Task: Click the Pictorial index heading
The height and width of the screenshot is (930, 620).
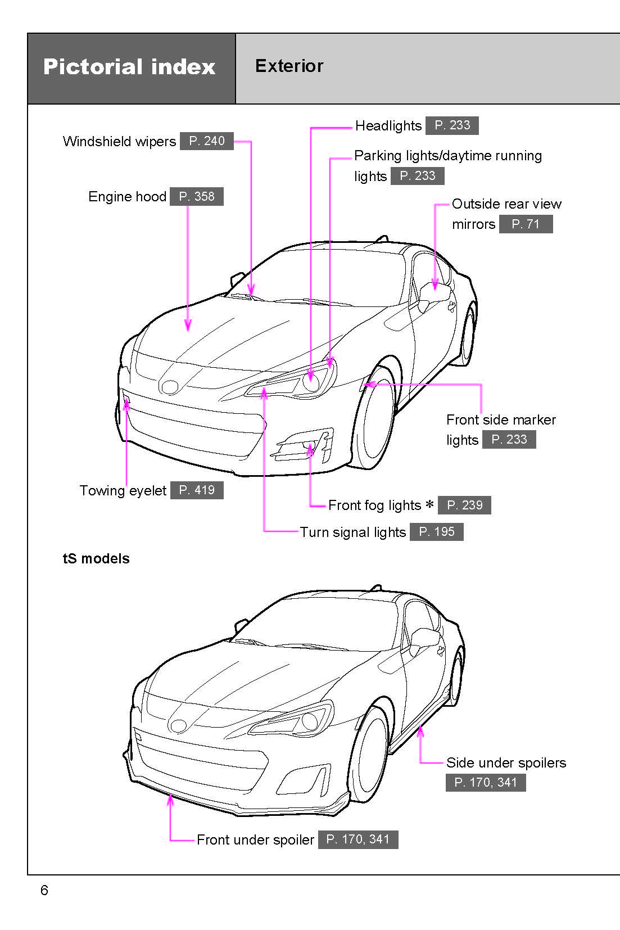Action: (x=129, y=67)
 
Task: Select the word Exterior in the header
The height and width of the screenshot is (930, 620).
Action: (x=289, y=66)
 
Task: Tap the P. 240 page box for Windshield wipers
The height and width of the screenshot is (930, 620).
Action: (x=207, y=141)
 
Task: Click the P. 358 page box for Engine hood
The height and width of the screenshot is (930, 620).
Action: (x=197, y=197)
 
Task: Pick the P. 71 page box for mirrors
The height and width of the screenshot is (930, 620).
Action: (x=526, y=224)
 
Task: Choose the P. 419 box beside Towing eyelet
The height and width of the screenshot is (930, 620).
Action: (x=197, y=490)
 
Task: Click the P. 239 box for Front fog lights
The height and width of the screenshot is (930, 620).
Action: (x=464, y=505)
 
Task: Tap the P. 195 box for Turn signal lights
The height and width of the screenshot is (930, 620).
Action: (x=437, y=532)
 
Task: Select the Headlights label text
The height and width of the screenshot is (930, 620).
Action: (x=388, y=126)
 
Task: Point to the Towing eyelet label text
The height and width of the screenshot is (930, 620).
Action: (x=123, y=491)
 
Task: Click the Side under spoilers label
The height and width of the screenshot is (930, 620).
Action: (x=506, y=763)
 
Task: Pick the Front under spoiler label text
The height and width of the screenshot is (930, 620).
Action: (x=255, y=840)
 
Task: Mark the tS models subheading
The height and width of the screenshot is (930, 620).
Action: (x=96, y=559)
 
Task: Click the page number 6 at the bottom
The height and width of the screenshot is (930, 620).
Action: (x=44, y=891)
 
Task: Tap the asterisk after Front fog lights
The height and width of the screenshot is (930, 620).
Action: (x=429, y=504)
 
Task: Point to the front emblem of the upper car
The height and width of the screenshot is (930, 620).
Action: (x=169, y=386)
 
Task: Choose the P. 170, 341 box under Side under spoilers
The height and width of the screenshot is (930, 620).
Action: (x=486, y=783)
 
